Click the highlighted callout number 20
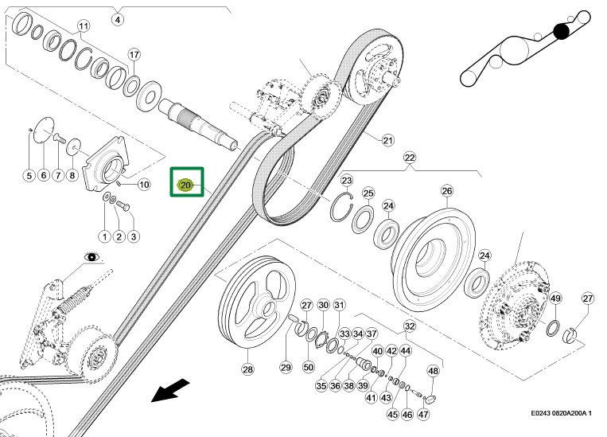[186, 185]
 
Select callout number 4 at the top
[118, 19]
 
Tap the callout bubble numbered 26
[446, 191]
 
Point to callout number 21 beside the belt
[387, 141]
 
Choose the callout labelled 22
[410, 157]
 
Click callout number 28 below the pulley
[247, 369]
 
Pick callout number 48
[433, 371]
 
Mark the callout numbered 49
[556, 298]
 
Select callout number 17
[134, 54]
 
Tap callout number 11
[84, 26]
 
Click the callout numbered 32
[409, 326]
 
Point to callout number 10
[144, 185]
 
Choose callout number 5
[28, 176]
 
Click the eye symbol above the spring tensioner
[93, 256]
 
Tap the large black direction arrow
[171, 391]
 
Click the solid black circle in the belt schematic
[562, 31]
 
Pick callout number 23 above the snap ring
[347, 181]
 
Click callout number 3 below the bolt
[133, 236]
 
